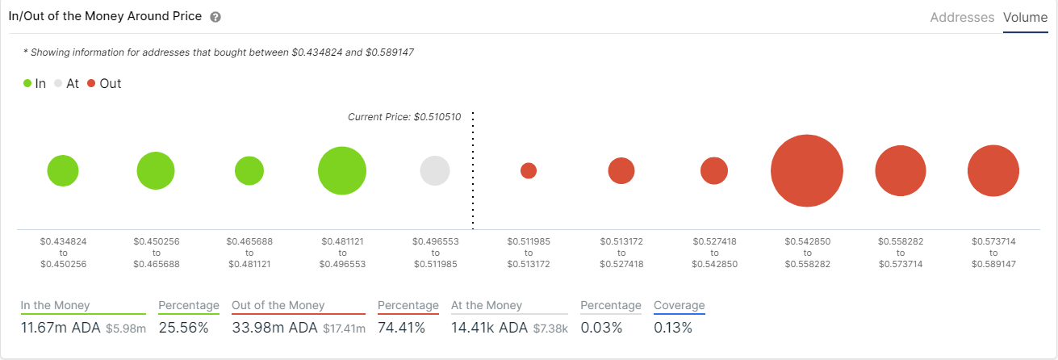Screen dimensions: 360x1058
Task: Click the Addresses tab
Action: [962, 17]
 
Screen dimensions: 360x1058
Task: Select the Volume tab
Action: [1025, 17]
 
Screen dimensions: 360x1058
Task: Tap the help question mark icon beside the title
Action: [215, 17]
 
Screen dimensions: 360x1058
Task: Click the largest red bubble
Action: [807, 171]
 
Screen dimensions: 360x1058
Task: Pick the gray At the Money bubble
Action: [435, 171]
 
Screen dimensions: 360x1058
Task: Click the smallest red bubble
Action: [529, 171]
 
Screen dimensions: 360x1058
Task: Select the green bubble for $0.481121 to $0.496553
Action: [342, 171]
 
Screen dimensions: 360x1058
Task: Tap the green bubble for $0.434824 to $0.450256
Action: [63, 171]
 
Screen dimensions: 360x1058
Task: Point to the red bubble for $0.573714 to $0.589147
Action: [993, 171]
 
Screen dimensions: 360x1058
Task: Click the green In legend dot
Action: [27, 83]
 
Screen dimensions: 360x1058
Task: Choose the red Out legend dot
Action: [91, 83]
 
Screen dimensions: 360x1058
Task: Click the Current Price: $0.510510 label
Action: [404, 117]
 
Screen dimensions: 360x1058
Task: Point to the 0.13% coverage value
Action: [673, 328]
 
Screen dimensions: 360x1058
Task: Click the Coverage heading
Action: [679, 305]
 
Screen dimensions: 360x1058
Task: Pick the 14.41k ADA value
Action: [489, 328]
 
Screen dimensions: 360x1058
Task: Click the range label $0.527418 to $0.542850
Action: [714, 253]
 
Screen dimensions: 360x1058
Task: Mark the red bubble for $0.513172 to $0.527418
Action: [621, 171]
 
